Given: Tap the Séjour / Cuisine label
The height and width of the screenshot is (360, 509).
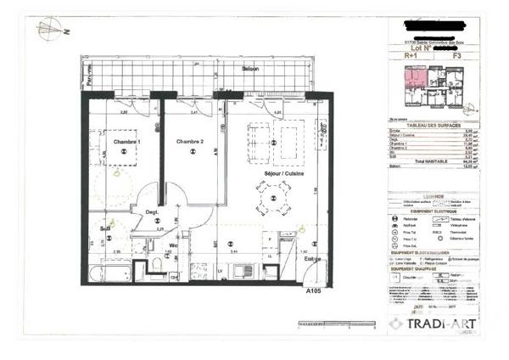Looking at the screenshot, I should point(278,173).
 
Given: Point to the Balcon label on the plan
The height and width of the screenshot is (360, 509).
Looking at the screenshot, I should point(249,69).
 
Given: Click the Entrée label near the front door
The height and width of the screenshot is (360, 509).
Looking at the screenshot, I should point(312,258).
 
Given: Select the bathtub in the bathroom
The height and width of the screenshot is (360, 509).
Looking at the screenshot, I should point(113,272).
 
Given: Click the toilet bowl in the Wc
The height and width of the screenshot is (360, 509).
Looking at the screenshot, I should point(156,266).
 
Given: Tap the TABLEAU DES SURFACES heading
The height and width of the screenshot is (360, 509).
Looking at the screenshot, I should point(432,124).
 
